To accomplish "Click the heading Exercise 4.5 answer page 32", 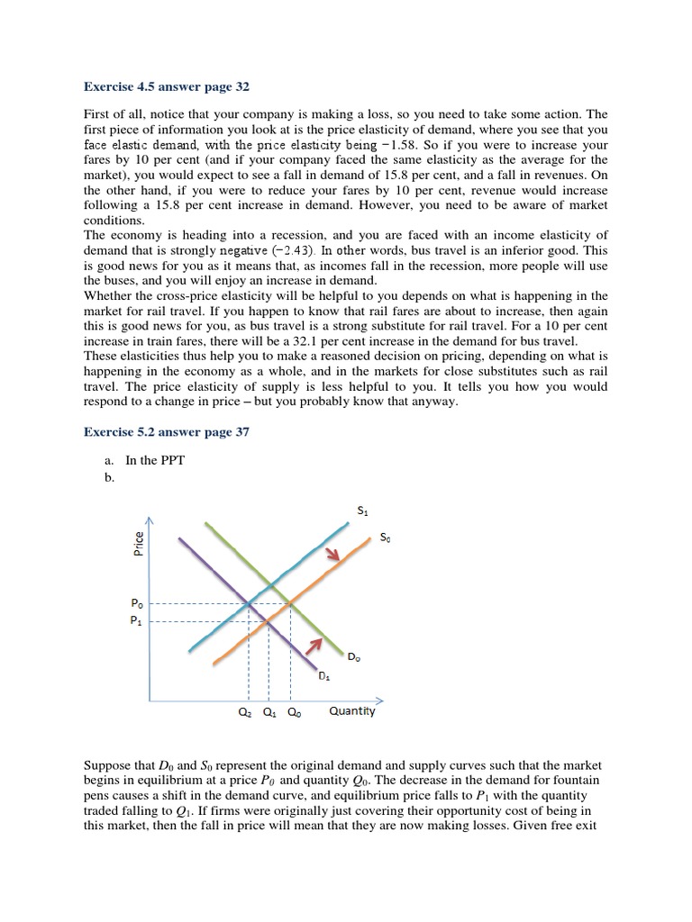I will pyautogui.click(x=167, y=87).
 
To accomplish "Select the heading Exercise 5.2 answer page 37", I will pyautogui.click(x=167, y=432).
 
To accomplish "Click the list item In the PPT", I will pyautogui.click(x=155, y=460).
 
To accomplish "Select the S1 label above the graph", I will pyautogui.click(x=363, y=511).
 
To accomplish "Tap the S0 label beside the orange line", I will pyautogui.click(x=386, y=538).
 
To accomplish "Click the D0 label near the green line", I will pyautogui.click(x=353, y=658).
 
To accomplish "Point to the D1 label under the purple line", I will pyautogui.click(x=324, y=676).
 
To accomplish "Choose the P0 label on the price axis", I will pyautogui.click(x=137, y=603).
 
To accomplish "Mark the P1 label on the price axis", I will pyautogui.click(x=137, y=620).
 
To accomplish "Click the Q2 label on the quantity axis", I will pyautogui.click(x=245, y=712).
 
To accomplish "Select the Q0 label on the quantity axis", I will pyautogui.click(x=294, y=712).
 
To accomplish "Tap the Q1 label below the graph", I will pyautogui.click(x=269, y=712).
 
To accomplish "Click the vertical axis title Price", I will pyautogui.click(x=139, y=545).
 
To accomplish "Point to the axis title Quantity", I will pyautogui.click(x=352, y=711).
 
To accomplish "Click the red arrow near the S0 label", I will pyautogui.click(x=333, y=554).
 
